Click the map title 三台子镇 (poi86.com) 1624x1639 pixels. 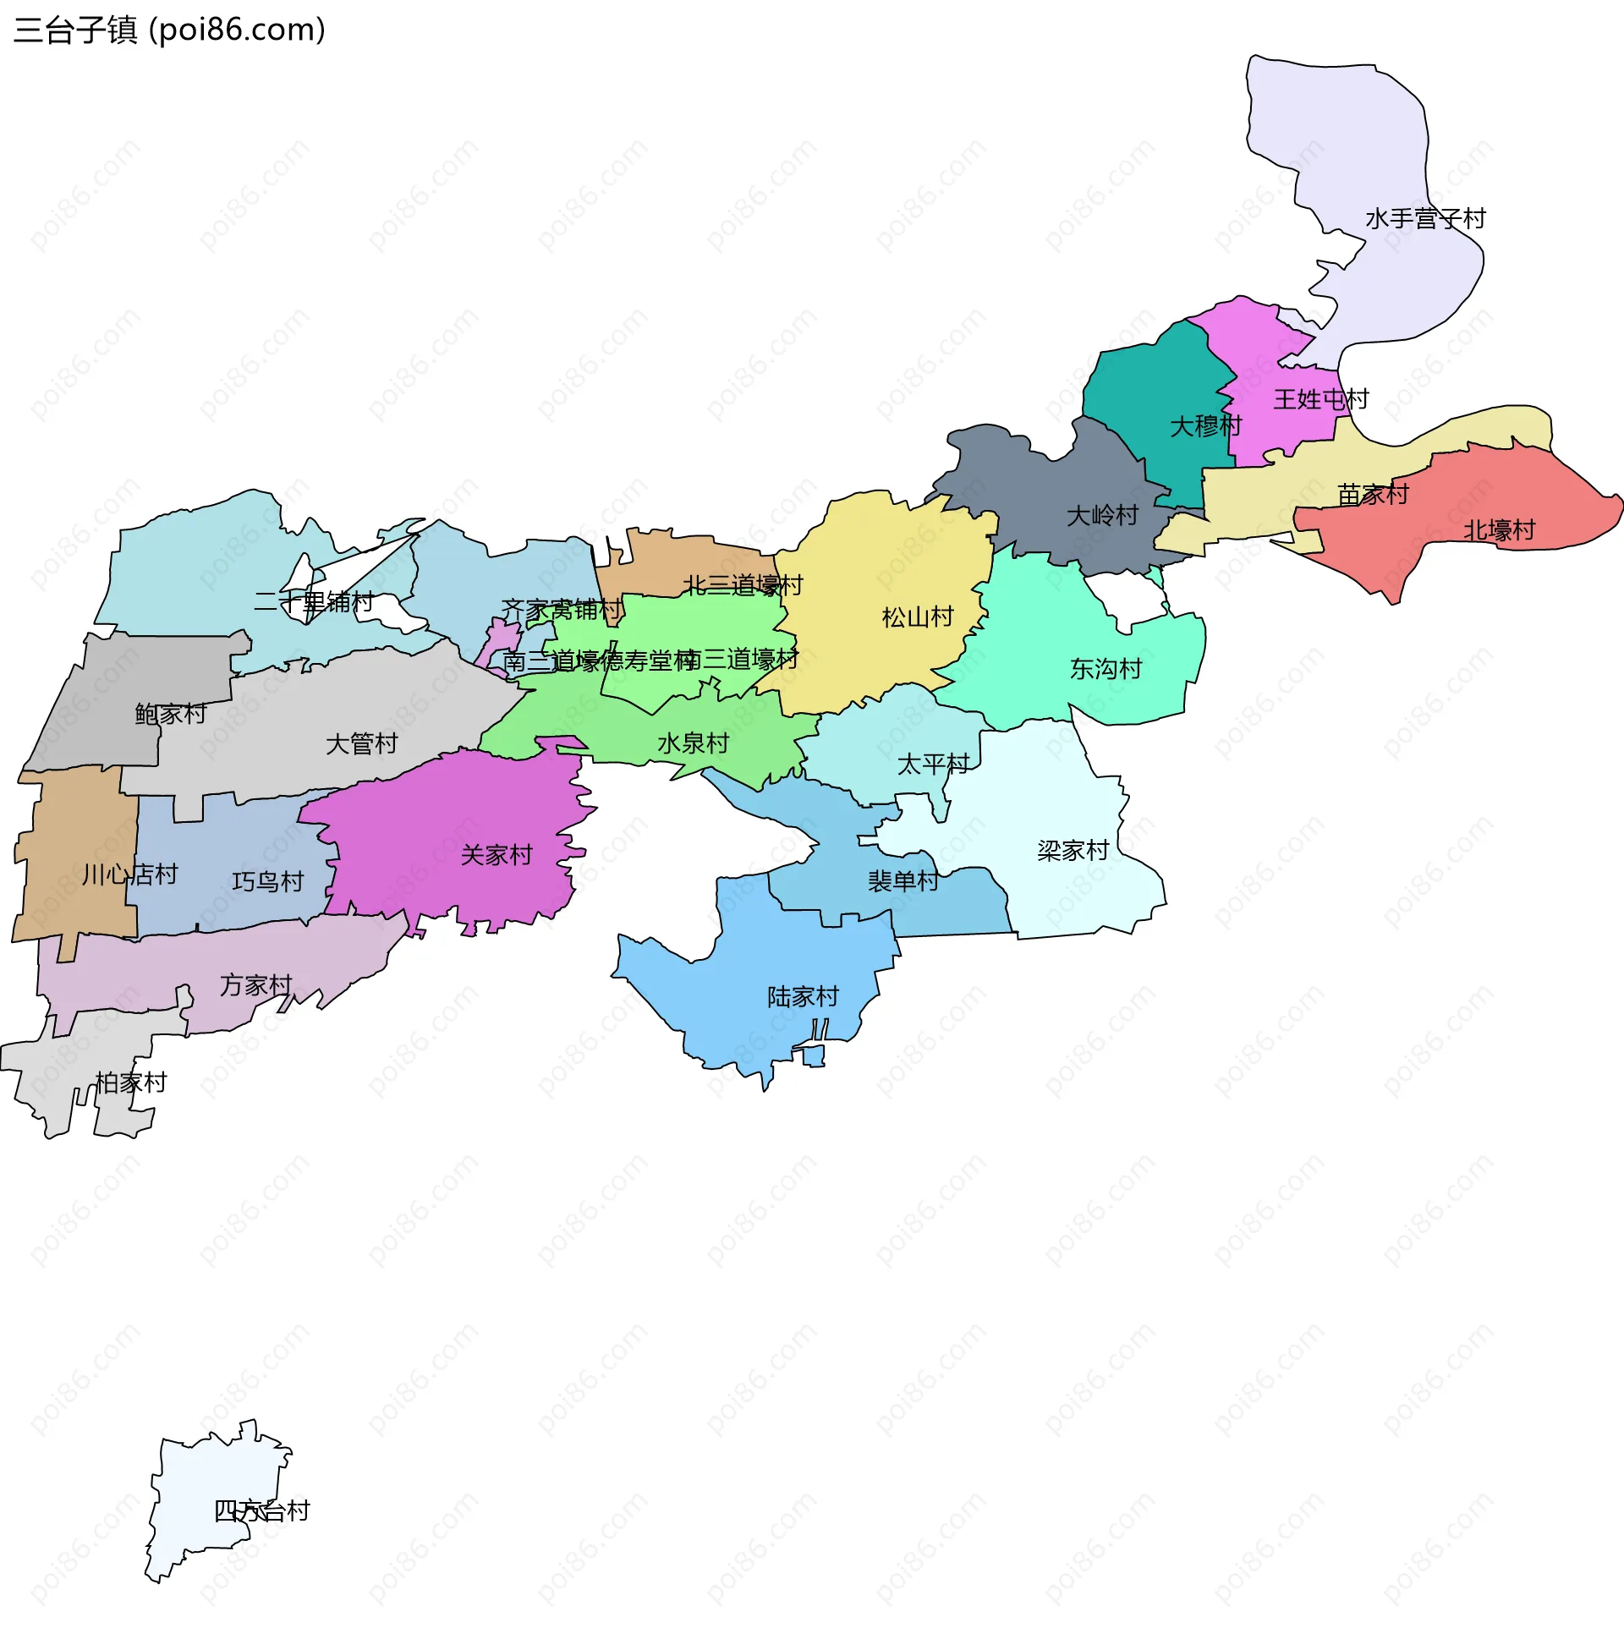pos(170,30)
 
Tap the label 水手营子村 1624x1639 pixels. pos(1424,219)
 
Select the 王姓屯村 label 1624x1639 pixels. pos(1320,399)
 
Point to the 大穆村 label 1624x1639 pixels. pos(1204,426)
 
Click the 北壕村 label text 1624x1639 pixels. pos(1499,531)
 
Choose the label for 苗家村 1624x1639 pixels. pos(1372,495)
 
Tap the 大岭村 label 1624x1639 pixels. pos(1101,516)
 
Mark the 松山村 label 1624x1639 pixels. pos(917,617)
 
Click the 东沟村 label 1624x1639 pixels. pos(1105,669)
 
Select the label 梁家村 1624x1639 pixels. pos(1073,851)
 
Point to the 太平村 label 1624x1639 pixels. pos(932,765)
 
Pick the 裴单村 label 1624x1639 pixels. pos(903,881)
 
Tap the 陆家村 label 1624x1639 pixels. pos(803,997)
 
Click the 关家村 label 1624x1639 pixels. pos(496,855)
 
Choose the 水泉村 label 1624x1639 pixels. pos(693,744)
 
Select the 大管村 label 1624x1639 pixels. pos(361,745)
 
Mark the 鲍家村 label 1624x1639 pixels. pos(170,715)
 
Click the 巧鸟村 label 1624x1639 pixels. pos(267,882)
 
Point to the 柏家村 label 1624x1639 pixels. pos(130,1083)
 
